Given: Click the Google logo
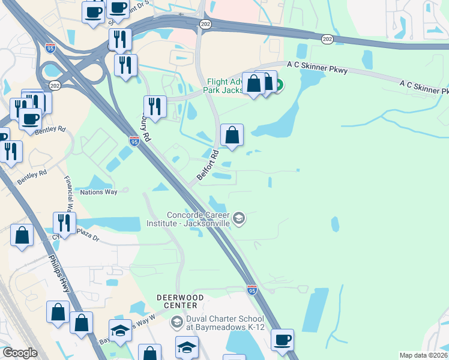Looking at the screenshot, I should coord(20,353).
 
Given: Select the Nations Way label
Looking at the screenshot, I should coord(98,193).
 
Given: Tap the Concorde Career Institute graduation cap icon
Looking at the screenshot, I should coord(239,218).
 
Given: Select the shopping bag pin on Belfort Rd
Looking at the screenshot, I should coord(232,136).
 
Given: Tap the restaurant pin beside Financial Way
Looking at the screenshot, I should coord(64,223).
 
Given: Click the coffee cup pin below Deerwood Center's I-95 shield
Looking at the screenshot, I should coord(282,340).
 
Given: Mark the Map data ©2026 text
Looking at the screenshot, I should coord(424,355).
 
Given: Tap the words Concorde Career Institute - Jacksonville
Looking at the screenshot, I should coord(190,219).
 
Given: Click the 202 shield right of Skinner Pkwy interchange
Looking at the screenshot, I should coord(327,39).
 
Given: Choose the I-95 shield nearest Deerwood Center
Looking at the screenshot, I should coord(252,290).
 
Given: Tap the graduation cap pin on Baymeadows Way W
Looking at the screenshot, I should coord(120,331).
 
